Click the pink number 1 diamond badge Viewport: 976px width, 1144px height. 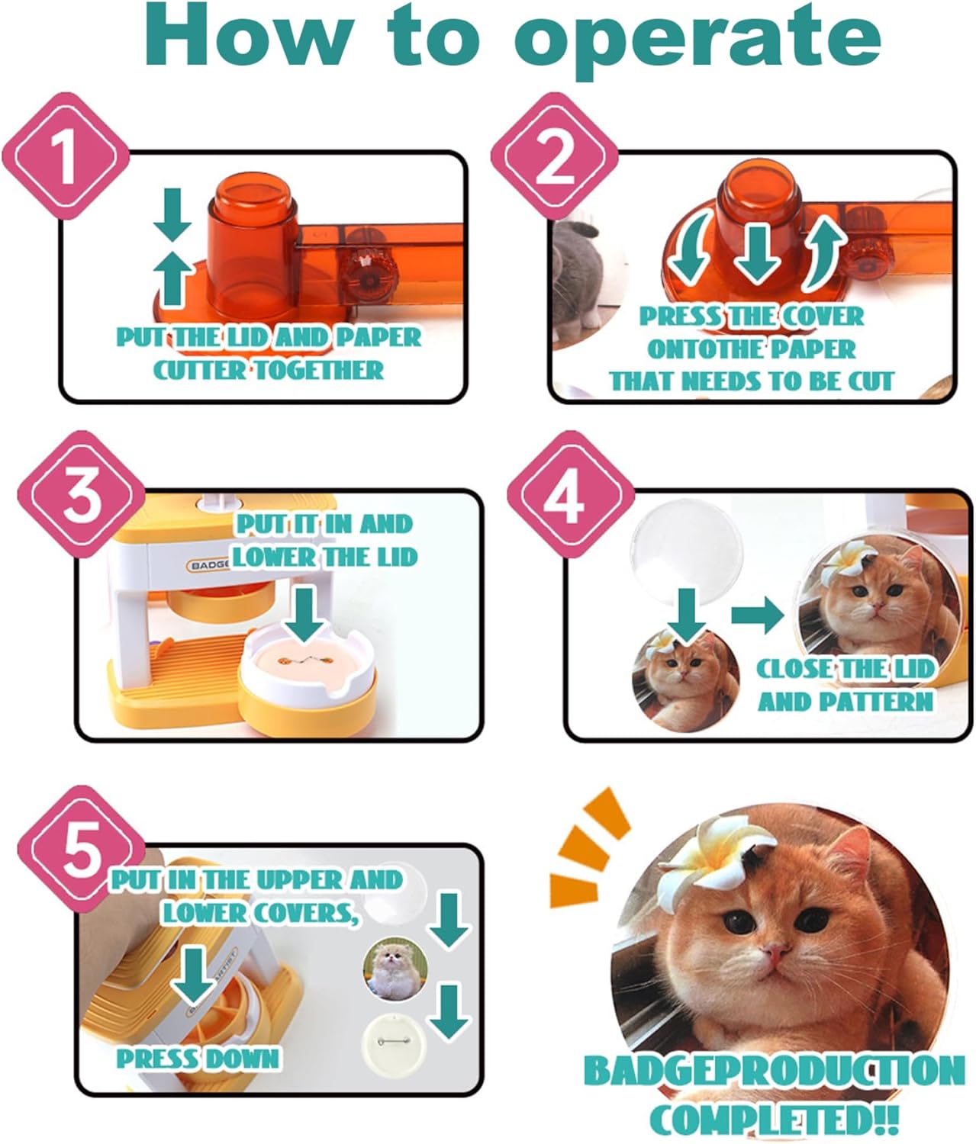tap(66, 156)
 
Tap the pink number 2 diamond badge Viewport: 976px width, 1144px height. tap(555, 156)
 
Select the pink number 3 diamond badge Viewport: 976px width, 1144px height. tap(82, 494)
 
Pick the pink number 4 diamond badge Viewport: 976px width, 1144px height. tap(571, 494)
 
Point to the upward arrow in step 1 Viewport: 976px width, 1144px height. tap(172, 279)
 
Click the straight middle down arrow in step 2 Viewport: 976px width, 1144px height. tap(757, 254)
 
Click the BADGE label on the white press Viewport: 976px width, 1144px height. tap(209, 565)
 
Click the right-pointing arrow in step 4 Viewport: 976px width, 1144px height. tap(757, 615)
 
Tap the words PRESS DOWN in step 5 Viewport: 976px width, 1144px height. tap(198, 1059)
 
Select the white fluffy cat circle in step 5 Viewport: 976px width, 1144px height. tap(395, 969)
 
